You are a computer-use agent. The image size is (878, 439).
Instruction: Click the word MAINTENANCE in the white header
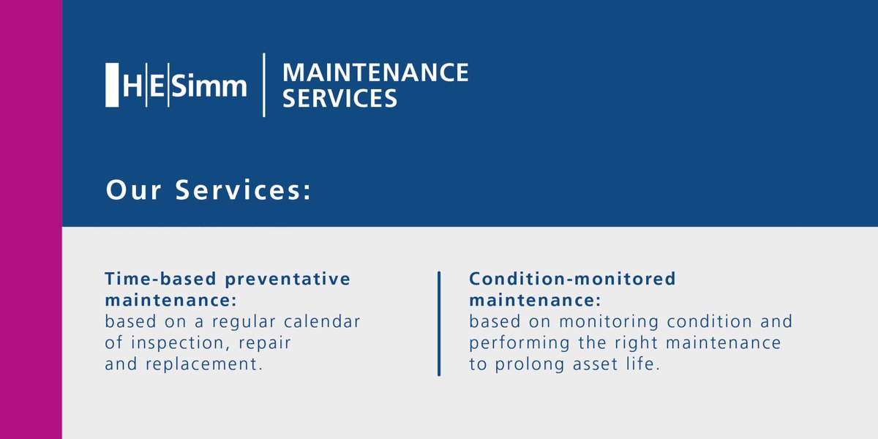tap(375, 72)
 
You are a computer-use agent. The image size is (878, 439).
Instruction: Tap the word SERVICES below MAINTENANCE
tap(340, 98)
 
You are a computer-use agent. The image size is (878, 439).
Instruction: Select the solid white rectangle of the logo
tap(112, 86)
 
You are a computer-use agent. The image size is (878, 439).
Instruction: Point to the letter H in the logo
tap(132, 86)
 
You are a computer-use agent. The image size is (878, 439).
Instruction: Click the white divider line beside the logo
tap(264, 85)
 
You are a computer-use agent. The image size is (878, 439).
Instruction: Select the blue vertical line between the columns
tap(439, 323)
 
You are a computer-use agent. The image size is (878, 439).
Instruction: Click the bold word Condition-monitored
tap(573, 279)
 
